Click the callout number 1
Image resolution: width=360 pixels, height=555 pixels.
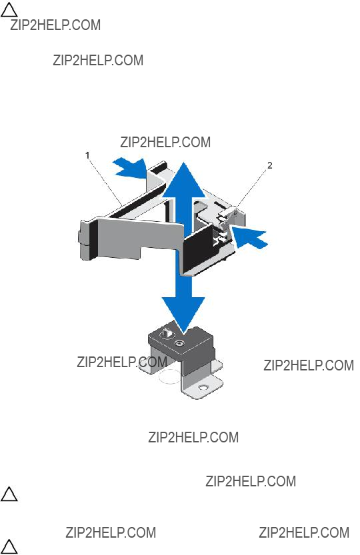click(x=87, y=155)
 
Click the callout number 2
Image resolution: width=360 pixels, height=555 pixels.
click(x=269, y=165)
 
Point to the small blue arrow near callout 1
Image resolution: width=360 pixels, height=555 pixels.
click(x=130, y=167)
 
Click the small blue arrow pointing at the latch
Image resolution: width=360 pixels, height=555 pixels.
click(x=249, y=238)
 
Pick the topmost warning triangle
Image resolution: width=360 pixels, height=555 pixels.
click(x=9, y=9)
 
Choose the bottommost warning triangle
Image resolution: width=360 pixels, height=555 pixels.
click(x=9, y=547)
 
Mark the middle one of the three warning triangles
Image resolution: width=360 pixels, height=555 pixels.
click(x=9, y=494)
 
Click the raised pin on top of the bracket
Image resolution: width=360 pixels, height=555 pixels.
click(x=167, y=333)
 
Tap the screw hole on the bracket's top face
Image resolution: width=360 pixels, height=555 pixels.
click(x=179, y=342)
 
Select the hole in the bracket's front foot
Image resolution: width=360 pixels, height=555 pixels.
click(x=203, y=388)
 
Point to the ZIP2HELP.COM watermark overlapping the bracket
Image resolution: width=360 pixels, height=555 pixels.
click(x=122, y=362)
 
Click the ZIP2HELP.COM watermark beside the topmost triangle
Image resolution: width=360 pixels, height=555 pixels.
click(x=55, y=25)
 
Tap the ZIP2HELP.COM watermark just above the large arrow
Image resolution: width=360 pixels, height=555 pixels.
click(x=165, y=143)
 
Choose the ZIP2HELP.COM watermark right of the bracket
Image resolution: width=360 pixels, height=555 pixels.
click(x=309, y=365)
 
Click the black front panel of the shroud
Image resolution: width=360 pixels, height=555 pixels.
click(x=199, y=248)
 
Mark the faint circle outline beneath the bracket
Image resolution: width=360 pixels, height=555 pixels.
click(x=170, y=376)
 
